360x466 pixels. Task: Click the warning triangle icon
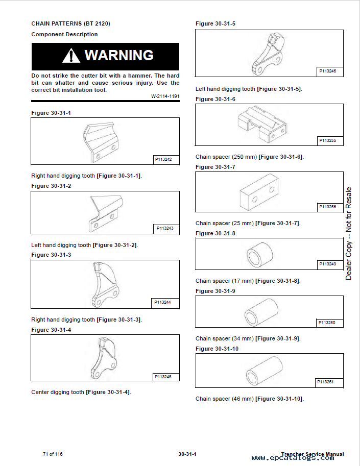coord(71,56)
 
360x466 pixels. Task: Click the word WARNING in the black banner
coord(119,55)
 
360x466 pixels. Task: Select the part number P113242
coord(163,159)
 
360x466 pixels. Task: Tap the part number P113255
coord(328,140)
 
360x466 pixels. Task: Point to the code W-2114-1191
coord(165,96)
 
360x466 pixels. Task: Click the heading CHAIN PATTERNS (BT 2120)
coord(71,23)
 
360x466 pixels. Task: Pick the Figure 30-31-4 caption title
coord(51,330)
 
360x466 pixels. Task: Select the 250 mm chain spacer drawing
coord(262,124)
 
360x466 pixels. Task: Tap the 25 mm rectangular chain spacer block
coord(258,192)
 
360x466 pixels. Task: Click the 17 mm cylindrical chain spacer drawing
coord(260,255)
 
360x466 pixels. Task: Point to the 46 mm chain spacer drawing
coord(264,371)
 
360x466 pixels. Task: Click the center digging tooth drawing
coord(104,358)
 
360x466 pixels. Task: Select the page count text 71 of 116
coord(53,454)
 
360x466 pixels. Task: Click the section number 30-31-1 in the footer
coord(187,454)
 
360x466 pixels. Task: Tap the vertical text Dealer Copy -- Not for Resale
coord(348,234)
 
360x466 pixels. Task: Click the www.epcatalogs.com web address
coord(293,458)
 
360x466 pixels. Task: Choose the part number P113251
coord(325,382)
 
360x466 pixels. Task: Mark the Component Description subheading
coord(64,34)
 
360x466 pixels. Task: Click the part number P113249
coord(328,264)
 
